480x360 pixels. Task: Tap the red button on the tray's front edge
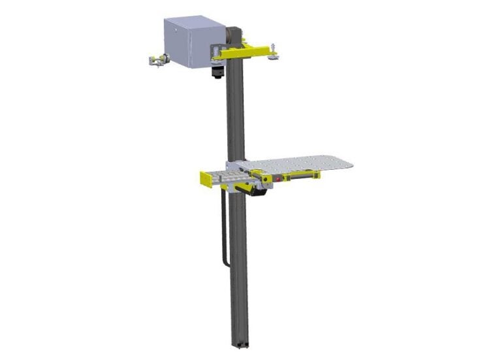[278, 177]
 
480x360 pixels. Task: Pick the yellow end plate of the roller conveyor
[203, 178]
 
